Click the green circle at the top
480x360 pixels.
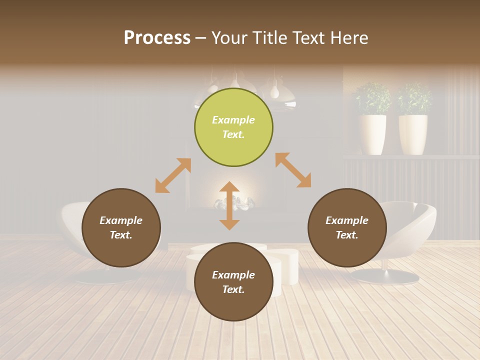point(233,127)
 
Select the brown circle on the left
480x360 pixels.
point(121,227)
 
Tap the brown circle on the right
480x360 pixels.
point(347,227)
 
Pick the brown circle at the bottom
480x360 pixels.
point(233,282)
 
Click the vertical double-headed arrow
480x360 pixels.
point(229,205)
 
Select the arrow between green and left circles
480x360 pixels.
point(173,175)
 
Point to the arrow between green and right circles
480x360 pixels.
point(293,170)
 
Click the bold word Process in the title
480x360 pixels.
point(157,38)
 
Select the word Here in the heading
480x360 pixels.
point(348,38)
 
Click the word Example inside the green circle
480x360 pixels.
point(233,120)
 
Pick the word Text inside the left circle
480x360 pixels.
point(121,235)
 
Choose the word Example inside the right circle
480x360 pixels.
point(347,220)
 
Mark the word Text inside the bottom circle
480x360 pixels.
point(233,289)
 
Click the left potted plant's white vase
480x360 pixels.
point(372,134)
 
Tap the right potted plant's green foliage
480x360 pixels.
point(414,98)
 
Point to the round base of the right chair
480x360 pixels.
point(384,276)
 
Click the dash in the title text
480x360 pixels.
point(201,39)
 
